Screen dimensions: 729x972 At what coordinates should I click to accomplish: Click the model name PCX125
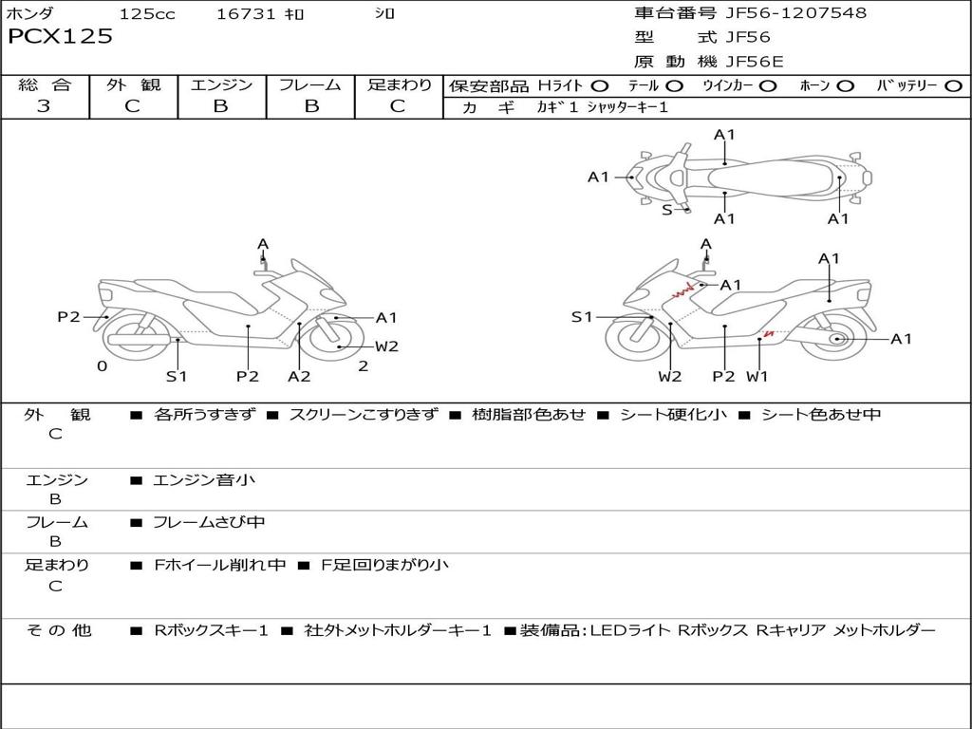coord(60,37)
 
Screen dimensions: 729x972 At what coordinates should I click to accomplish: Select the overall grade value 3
coord(44,106)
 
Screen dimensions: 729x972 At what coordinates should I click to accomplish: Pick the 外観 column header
coord(133,84)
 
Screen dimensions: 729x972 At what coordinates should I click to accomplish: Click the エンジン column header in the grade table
coord(221,84)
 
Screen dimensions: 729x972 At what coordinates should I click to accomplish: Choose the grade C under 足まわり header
coord(398,106)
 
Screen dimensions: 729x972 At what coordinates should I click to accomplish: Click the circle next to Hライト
coord(600,85)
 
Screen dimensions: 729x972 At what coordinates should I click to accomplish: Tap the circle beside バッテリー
coord(953,85)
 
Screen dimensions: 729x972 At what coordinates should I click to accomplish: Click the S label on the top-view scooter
coord(667,210)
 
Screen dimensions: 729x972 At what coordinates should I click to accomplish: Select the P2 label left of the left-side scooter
coord(68,317)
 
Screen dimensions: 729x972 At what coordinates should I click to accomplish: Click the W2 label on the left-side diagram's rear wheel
coord(386,346)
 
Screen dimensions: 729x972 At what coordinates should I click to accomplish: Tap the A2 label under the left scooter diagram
coord(299,376)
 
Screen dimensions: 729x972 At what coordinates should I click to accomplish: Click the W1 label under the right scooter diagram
coord(757,376)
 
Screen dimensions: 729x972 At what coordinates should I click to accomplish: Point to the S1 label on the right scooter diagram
coord(582,317)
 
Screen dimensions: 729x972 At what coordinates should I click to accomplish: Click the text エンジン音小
coord(204,480)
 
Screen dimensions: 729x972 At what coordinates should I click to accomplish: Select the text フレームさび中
coord(209,522)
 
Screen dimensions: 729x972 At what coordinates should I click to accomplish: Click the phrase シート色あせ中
coord(821,415)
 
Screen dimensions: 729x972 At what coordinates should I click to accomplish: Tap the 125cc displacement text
coord(147,13)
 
